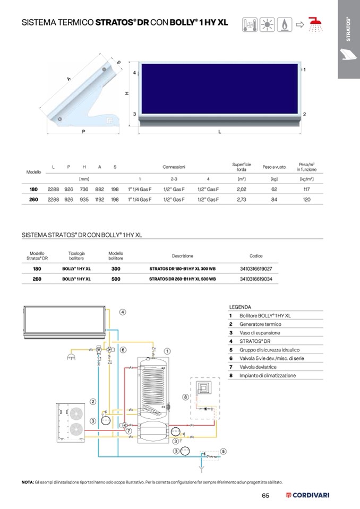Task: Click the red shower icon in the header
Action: pos(315,24)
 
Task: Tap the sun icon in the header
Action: pos(267,24)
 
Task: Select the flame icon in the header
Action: pos(285,24)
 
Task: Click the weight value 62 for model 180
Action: pos(274,189)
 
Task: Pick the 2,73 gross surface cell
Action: pos(242,200)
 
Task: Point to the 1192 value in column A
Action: pos(99,200)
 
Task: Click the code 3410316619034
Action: pos(256,279)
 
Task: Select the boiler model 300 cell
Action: pos(116,269)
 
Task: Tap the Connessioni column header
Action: pos(174,167)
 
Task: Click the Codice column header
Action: pos(256,256)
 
